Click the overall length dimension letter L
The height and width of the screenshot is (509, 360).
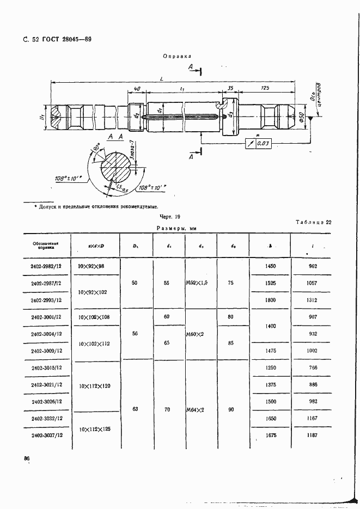coord(162,79)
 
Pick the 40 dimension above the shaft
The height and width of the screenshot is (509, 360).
coord(137,88)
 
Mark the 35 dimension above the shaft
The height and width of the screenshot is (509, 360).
coord(230,88)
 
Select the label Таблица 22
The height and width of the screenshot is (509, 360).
coord(313,222)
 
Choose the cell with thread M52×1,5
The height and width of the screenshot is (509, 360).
coord(200,283)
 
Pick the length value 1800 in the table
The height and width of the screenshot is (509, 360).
coord(270,300)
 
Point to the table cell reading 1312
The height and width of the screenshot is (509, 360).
coord(312,300)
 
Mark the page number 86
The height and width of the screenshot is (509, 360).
coord(26,459)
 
